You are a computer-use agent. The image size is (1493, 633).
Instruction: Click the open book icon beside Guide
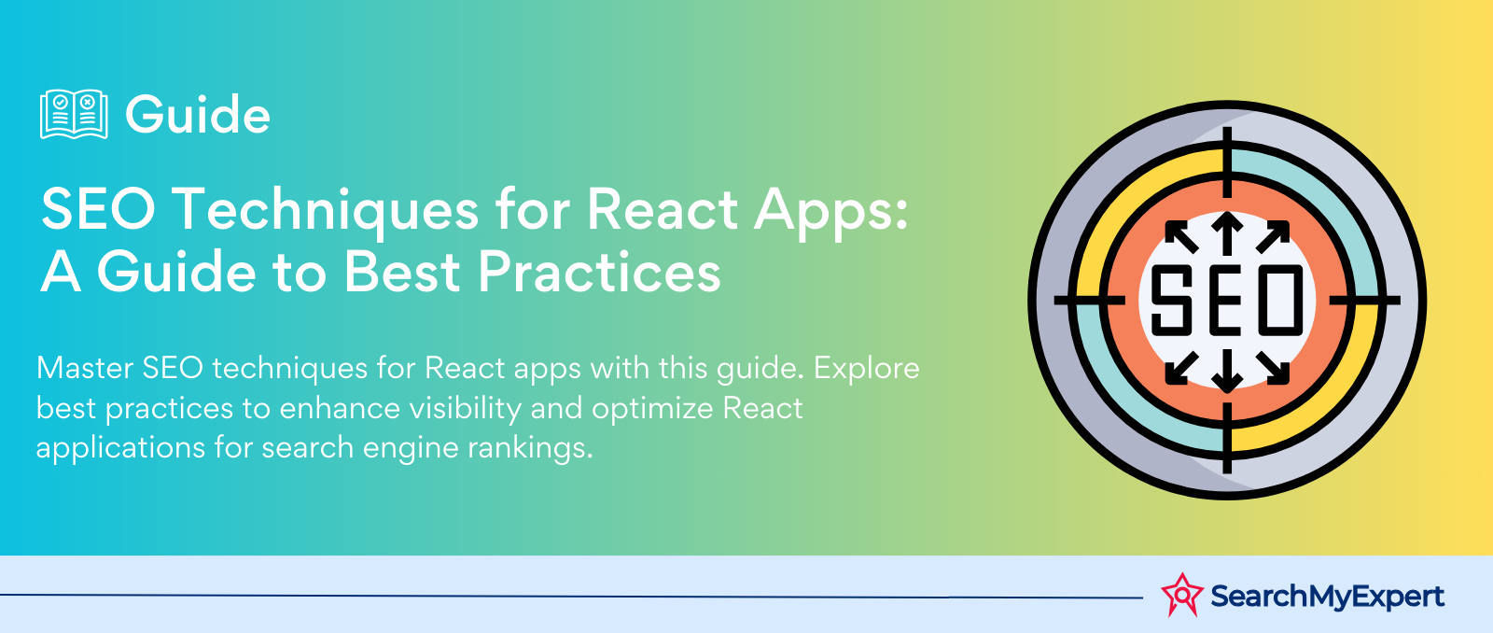coord(74,114)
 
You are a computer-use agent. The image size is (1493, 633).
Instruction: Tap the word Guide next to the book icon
coord(198,115)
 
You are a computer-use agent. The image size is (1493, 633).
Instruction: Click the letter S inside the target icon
coord(1171,300)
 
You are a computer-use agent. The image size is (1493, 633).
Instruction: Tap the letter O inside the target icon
coord(1282,300)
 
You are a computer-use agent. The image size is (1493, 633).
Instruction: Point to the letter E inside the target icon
coord(1226,300)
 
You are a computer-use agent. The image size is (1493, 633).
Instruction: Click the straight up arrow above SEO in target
coord(1227,233)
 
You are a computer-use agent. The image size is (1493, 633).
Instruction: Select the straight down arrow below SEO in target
coord(1227,371)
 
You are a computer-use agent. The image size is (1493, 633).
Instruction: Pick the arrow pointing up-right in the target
coord(1273,237)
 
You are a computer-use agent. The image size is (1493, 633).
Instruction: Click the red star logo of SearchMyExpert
coord(1182,595)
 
